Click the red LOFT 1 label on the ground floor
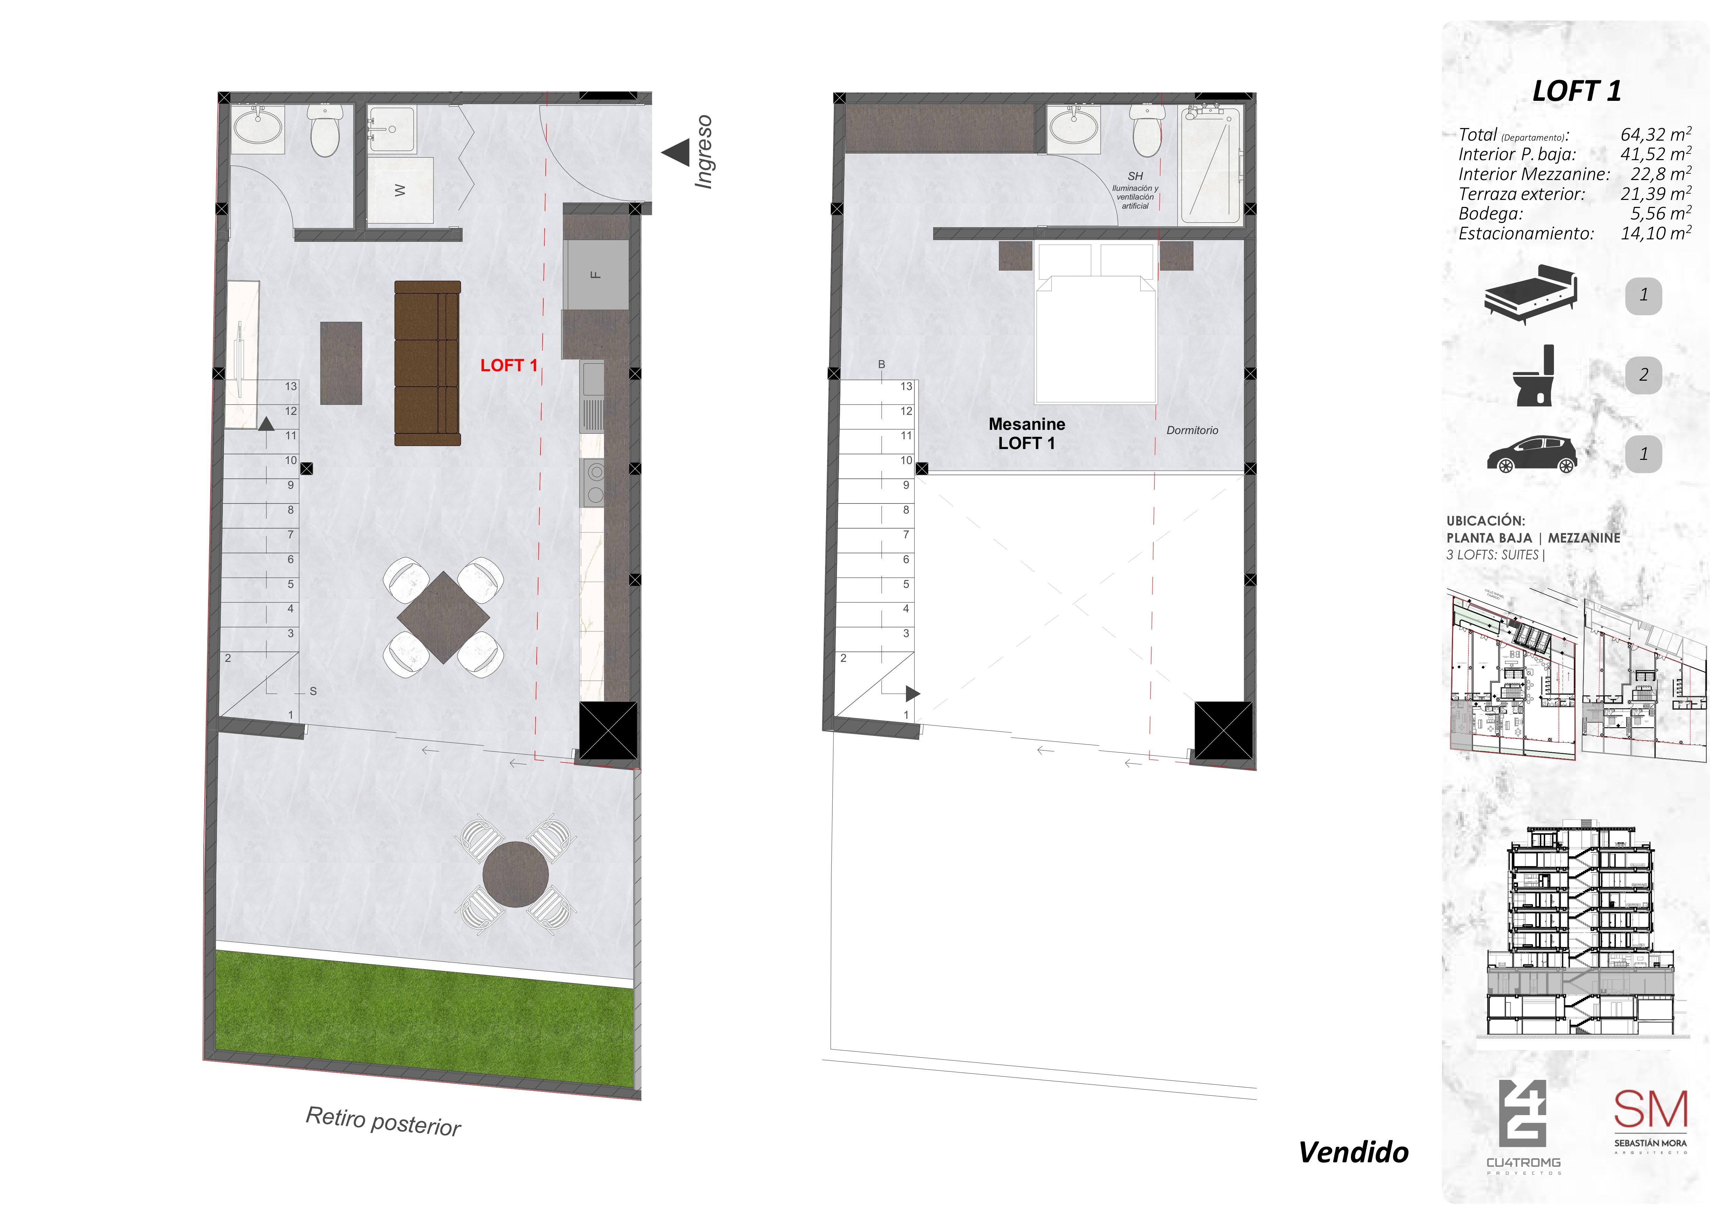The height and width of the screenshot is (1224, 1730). click(x=508, y=366)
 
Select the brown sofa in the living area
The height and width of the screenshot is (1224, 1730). click(x=427, y=363)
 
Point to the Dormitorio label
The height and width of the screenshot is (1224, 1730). click(x=1192, y=430)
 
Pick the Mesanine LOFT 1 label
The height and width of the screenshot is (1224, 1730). click(x=1026, y=433)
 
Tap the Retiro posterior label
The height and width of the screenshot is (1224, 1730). click(x=383, y=1121)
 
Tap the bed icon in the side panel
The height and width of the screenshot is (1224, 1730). click(x=1530, y=294)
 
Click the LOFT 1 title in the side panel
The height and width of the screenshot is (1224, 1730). click(x=1576, y=91)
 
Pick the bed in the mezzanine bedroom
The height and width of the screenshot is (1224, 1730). click(x=1096, y=324)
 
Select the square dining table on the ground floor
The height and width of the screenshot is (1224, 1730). click(x=443, y=617)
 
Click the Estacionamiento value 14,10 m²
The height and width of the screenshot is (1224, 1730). click(x=1655, y=234)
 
